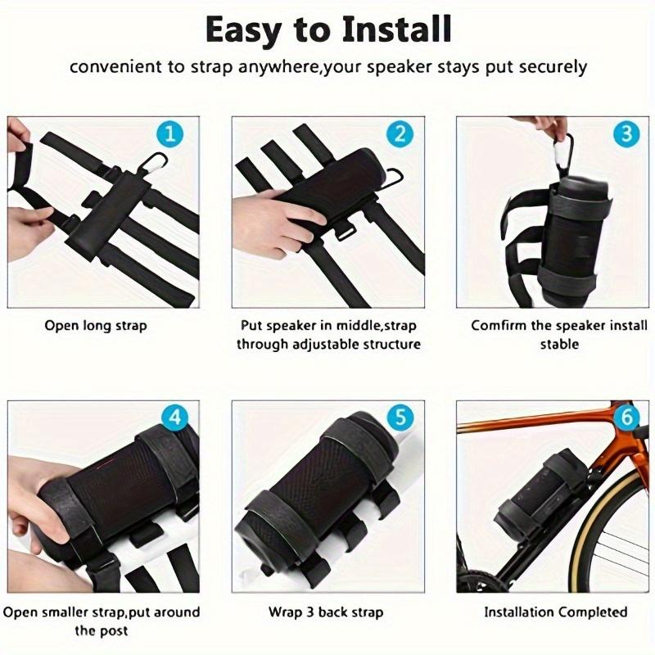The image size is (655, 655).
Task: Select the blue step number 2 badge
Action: (399, 133)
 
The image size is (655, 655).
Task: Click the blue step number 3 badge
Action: (626, 133)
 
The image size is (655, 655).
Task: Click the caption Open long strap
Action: (96, 326)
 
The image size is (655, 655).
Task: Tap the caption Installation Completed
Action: (555, 612)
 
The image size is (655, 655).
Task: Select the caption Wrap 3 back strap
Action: (326, 612)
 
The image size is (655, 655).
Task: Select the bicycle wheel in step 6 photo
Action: (607, 532)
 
